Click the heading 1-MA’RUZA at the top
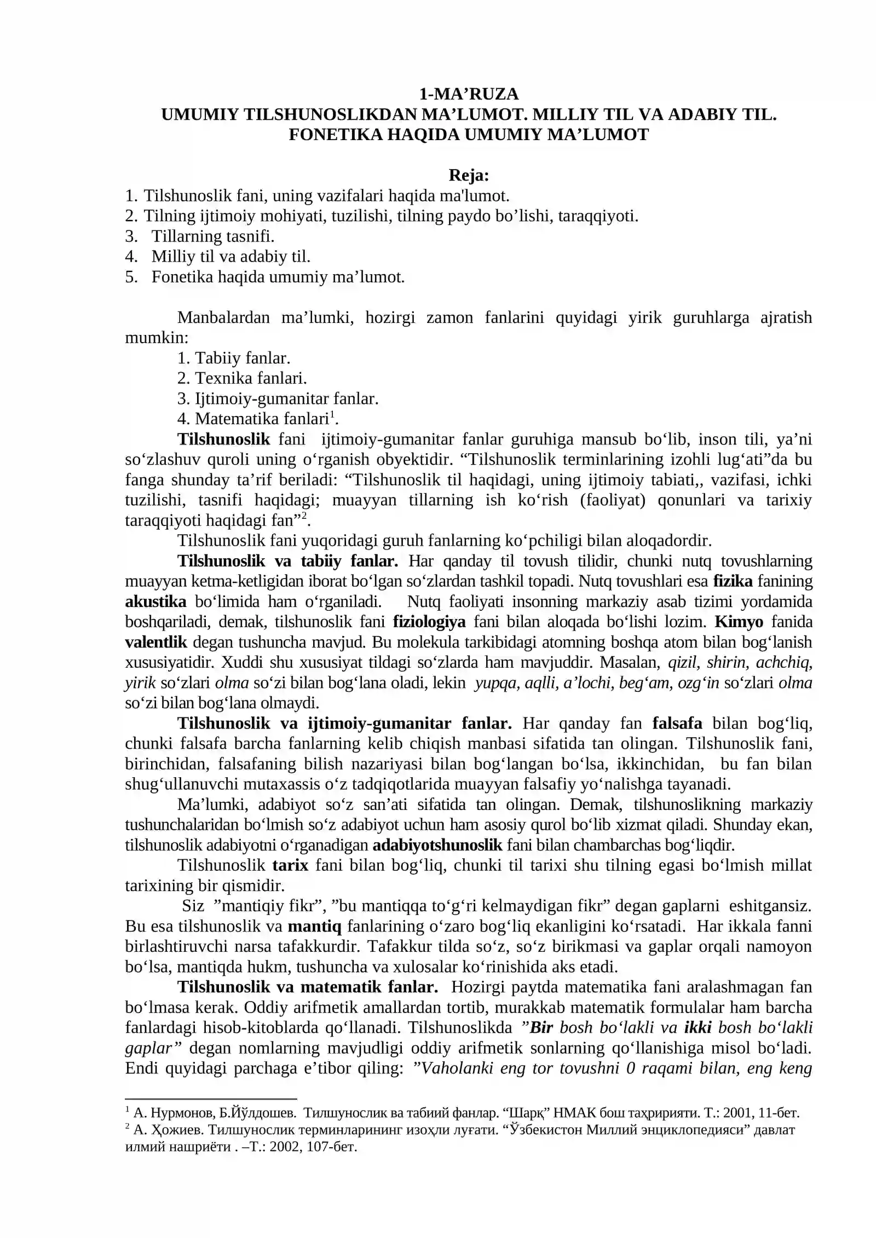(x=468, y=94)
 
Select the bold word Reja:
(x=468, y=175)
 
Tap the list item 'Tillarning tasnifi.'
(x=212, y=236)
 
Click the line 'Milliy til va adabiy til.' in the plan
(x=230, y=256)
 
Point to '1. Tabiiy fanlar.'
(x=234, y=358)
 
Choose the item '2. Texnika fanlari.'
(x=242, y=378)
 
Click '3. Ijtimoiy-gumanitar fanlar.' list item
(x=278, y=398)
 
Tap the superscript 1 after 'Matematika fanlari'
(x=331, y=415)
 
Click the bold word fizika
(x=733, y=581)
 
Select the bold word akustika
(x=155, y=601)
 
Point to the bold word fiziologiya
(x=429, y=622)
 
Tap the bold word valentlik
(x=156, y=642)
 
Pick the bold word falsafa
(x=677, y=724)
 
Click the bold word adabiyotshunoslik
(x=437, y=845)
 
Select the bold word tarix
(x=290, y=865)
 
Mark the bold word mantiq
(x=314, y=926)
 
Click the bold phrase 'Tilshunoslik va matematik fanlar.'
(x=308, y=987)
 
